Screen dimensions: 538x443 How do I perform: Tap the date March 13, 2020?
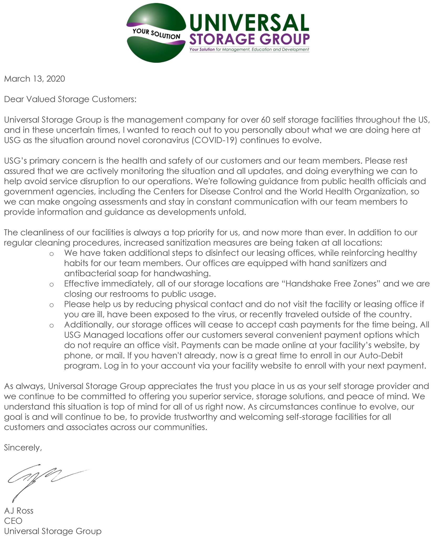pos(34,79)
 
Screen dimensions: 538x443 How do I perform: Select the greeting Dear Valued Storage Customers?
pos(70,99)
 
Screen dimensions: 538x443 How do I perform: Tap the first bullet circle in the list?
pos(51,254)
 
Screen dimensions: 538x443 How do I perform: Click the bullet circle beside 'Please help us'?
pos(51,305)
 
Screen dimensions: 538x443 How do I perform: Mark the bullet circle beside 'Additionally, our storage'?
pos(51,325)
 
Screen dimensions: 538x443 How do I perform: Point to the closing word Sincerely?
pos(23,448)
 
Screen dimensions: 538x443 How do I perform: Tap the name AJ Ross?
pos(19,511)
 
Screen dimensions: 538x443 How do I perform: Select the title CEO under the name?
pos(13,521)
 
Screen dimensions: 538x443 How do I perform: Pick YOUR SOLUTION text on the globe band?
pos(156,34)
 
